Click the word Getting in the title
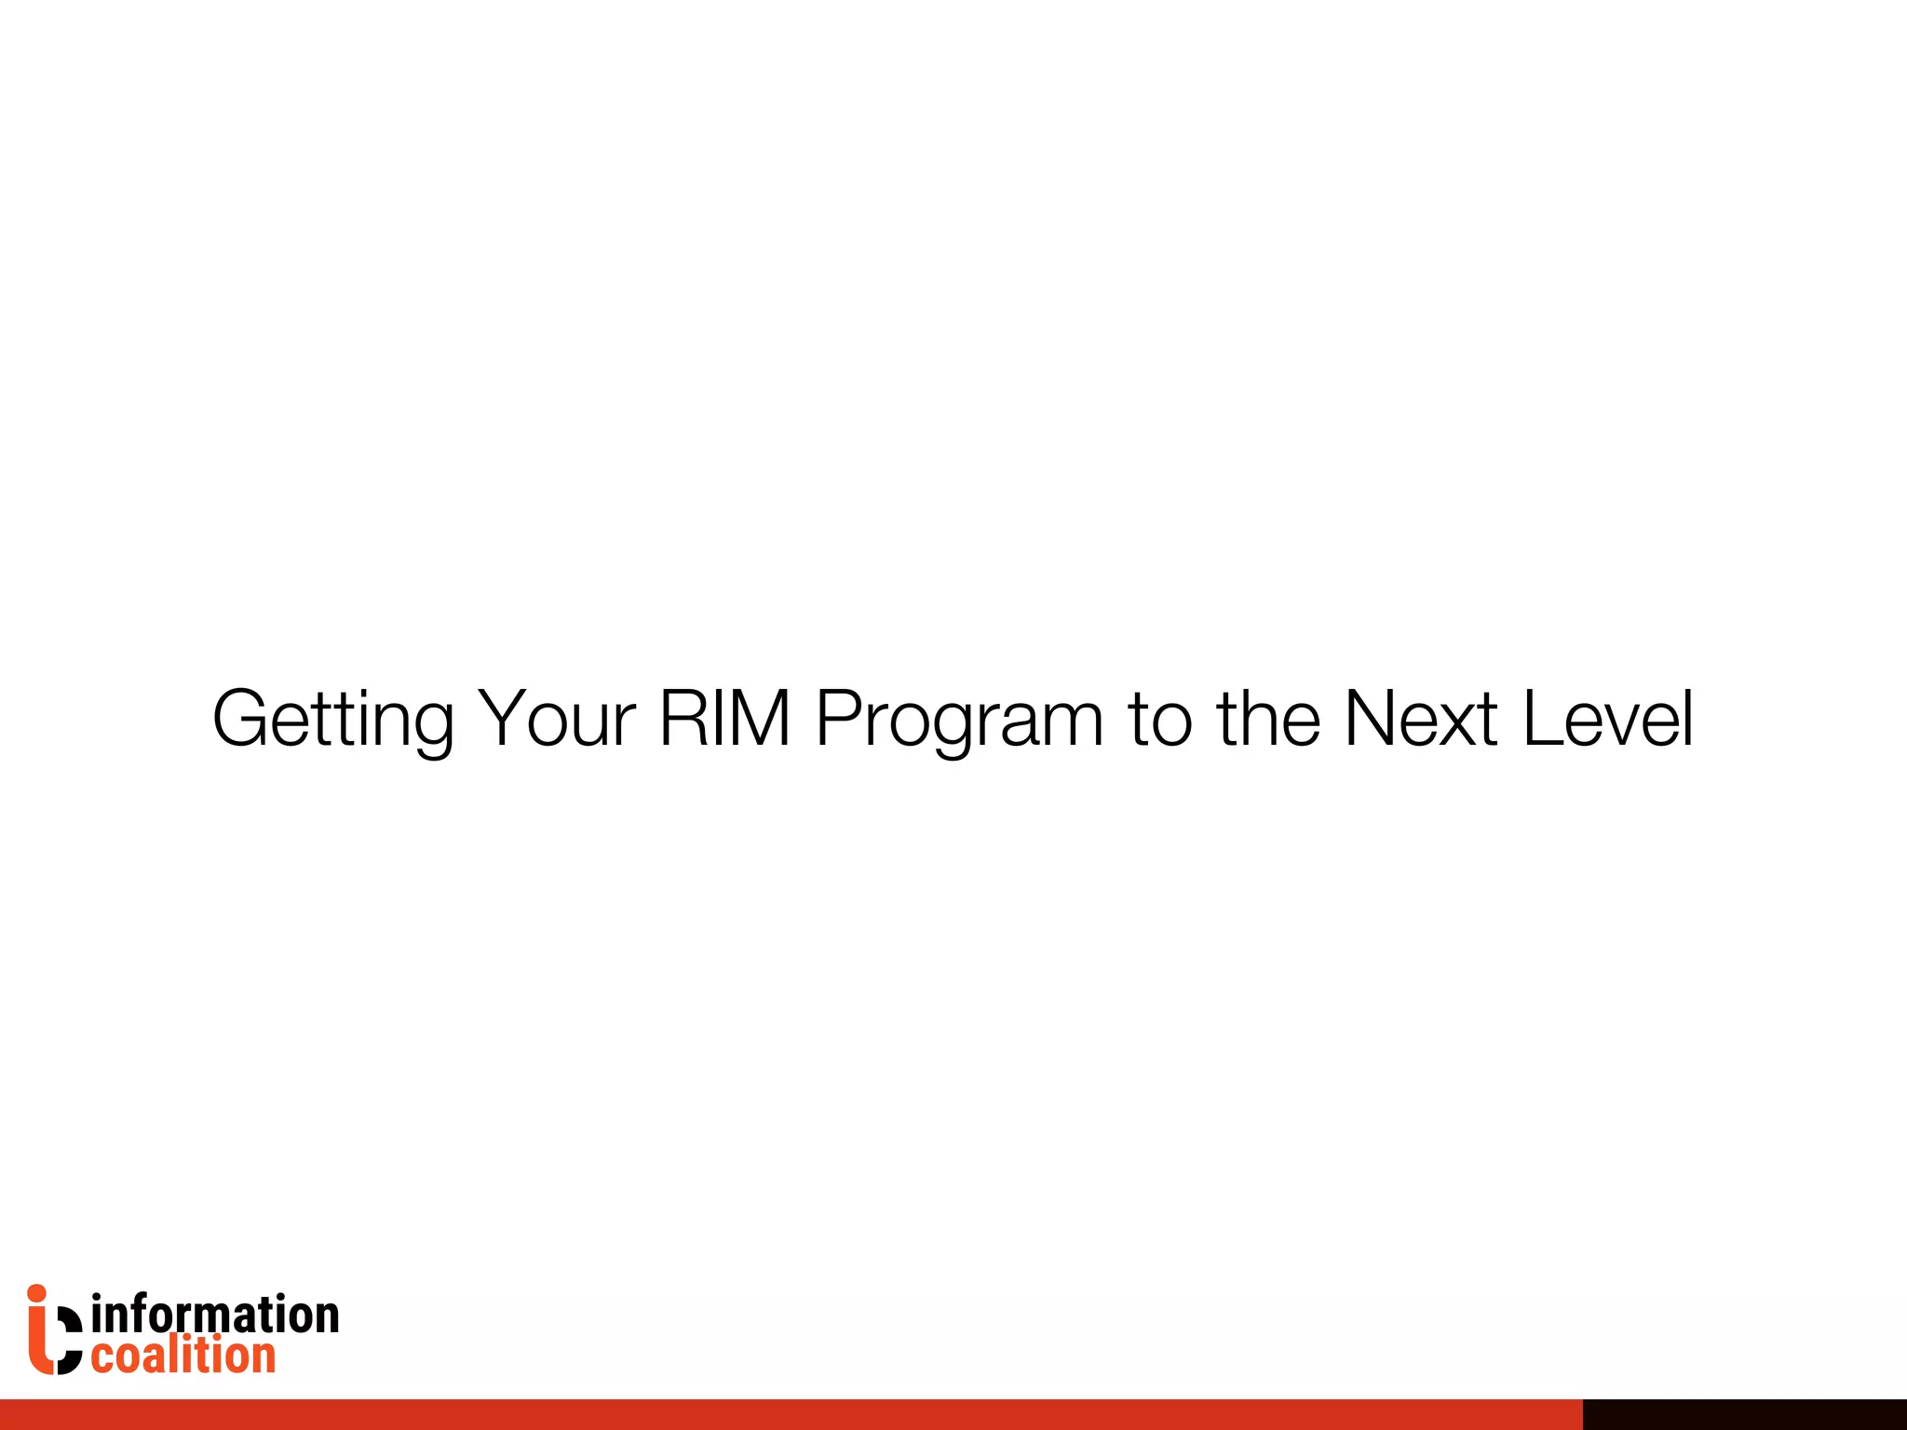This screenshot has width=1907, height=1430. coord(332,719)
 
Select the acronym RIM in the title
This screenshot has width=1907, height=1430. coord(724,719)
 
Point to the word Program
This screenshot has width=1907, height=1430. coord(959,719)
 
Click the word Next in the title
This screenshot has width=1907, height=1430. coord(1421,719)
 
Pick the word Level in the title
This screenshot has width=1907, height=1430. coord(1608,719)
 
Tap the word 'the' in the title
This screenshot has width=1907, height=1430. coord(1268,719)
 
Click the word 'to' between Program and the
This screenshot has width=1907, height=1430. coord(1160,719)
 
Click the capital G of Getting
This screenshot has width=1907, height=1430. coord(242,719)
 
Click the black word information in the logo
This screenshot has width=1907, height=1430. coord(215,1315)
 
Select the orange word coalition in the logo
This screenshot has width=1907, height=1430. coord(183,1356)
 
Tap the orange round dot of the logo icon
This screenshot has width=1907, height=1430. coord(37,1294)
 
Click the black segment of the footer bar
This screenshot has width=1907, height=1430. coord(1744,1414)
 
